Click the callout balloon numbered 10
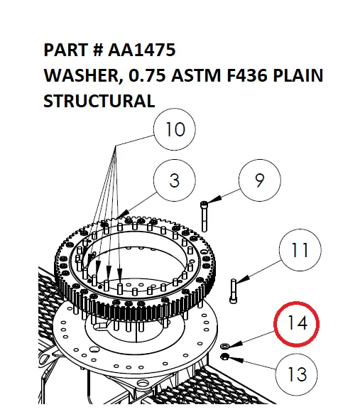tap(175, 131)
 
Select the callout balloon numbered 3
tap(175, 180)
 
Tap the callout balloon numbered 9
tap(259, 181)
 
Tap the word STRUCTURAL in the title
tap(99, 101)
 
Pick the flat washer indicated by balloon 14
tap(226, 345)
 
